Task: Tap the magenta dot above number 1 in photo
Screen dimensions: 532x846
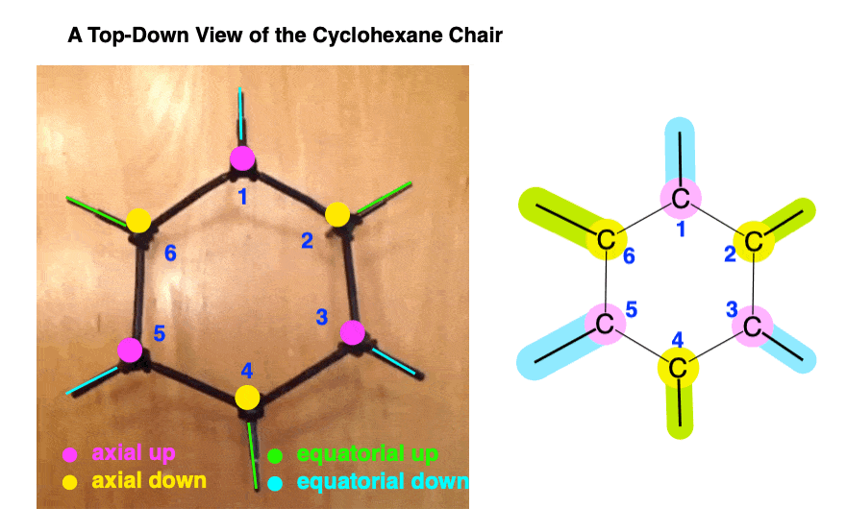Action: (240, 158)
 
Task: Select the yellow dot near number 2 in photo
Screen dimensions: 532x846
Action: (337, 214)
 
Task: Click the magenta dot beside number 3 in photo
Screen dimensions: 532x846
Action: (353, 332)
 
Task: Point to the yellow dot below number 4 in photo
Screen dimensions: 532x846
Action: (247, 396)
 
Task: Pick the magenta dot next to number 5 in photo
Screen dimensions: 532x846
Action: (130, 350)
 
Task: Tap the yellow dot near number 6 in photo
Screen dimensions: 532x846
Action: (139, 220)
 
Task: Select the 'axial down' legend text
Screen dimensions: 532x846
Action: (149, 479)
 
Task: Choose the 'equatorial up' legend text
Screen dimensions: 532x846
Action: (367, 453)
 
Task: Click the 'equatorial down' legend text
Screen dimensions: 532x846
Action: (383, 481)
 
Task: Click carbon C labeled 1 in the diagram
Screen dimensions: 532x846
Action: (680, 200)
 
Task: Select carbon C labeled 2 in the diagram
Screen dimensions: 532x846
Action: (754, 241)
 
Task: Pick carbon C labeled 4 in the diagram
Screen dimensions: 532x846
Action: (678, 368)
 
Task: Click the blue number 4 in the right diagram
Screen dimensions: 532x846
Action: (677, 340)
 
